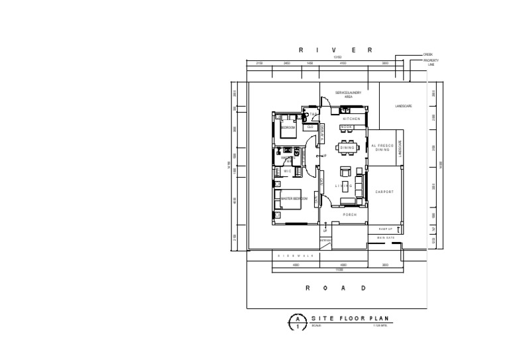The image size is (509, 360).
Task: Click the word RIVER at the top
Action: click(335, 50)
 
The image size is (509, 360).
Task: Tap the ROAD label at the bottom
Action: click(335, 288)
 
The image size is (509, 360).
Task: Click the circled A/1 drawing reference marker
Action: click(298, 323)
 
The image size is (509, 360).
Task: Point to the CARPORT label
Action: click(384, 192)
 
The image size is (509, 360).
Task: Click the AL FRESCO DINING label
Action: click(382, 148)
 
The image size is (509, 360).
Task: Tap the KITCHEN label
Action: click(351, 119)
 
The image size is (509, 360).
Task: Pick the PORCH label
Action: click(349, 215)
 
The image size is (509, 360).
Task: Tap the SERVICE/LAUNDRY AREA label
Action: click(348, 95)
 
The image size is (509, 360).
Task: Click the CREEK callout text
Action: click(428, 55)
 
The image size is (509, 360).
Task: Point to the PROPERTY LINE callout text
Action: click(431, 62)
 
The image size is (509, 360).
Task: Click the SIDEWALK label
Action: click(296, 255)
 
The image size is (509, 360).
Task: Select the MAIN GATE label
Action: click(386, 238)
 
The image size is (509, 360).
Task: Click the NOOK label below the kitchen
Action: click(347, 127)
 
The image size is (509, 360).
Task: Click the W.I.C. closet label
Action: click(288, 171)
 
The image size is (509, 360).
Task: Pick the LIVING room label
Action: click(343, 186)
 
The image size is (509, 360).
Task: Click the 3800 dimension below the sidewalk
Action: click(385, 265)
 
